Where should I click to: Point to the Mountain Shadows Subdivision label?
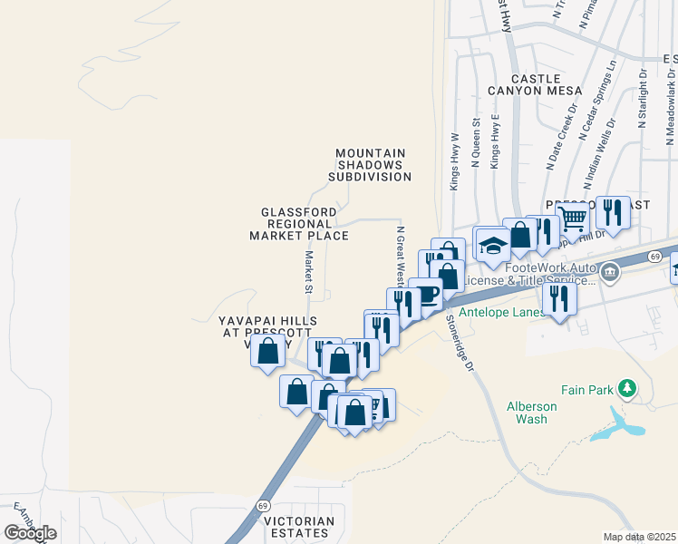tap(370, 165)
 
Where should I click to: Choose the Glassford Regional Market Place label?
tap(299, 224)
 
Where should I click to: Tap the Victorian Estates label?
tap(298, 527)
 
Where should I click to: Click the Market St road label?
tap(308, 273)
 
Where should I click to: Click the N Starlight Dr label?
tap(642, 98)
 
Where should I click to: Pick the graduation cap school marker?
tap(493, 246)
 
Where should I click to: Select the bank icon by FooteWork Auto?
tap(609, 270)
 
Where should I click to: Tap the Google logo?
tap(30, 533)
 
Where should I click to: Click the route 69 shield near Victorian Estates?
tap(263, 505)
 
